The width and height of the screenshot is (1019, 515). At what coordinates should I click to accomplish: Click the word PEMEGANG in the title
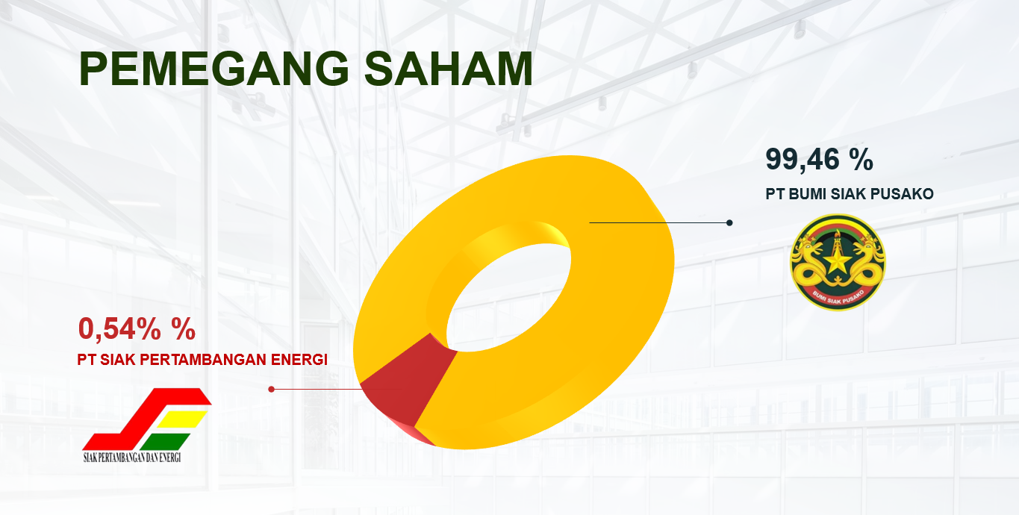(214, 69)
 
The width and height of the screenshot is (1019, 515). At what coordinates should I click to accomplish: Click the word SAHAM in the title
(449, 69)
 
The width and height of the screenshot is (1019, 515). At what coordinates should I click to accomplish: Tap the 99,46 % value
(819, 159)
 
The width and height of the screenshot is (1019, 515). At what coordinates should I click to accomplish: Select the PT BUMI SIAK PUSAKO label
(850, 194)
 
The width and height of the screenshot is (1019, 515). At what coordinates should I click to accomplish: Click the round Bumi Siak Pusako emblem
(838, 263)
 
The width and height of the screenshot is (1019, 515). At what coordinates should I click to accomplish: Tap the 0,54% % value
(137, 328)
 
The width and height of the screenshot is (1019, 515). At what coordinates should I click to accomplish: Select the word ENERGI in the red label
(299, 360)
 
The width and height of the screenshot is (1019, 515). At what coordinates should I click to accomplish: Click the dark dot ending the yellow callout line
(729, 223)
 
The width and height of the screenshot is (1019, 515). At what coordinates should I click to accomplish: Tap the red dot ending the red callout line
(271, 390)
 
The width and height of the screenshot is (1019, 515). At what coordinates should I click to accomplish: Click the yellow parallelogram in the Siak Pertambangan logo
(183, 419)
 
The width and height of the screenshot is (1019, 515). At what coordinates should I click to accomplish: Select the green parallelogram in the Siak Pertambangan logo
(165, 442)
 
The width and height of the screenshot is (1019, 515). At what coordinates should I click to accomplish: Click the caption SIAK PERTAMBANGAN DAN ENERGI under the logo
(132, 458)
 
